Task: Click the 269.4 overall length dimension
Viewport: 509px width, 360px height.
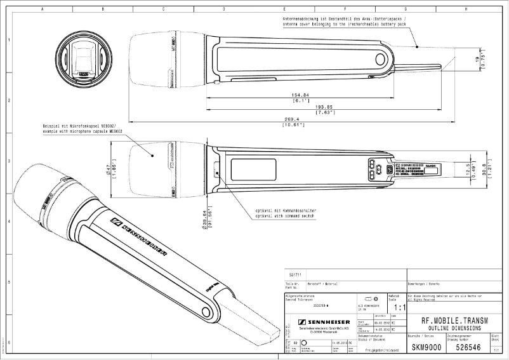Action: coord(293,119)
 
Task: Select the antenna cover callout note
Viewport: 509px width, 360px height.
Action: coord(347,24)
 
